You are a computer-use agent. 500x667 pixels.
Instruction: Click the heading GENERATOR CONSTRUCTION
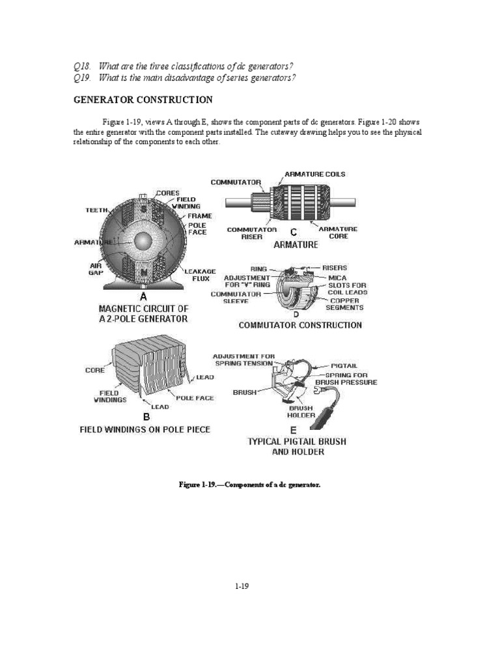[143, 100]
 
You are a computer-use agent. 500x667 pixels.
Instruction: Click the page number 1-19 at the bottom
[242, 586]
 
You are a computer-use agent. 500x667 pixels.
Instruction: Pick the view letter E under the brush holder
[293, 430]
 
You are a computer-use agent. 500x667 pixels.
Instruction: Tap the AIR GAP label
[96, 270]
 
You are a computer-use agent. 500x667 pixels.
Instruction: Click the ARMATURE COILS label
[315, 174]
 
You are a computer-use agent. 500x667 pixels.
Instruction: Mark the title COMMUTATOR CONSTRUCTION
[300, 324]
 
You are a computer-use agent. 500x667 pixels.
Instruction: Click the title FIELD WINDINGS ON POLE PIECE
[144, 430]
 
